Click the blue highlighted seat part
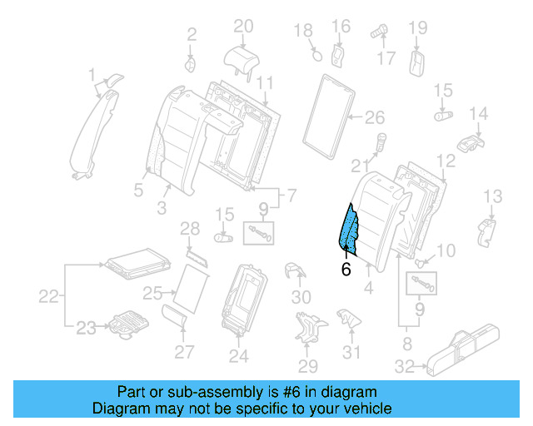pyautogui.click(x=350, y=229)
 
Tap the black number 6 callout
pyautogui.click(x=346, y=270)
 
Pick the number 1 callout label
pyautogui.click(x=92, y=77)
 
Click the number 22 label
pyautogui.click(x=50, y=296)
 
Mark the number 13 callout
pyautogui.click(x=493, y=196)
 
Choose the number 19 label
pyautogui.click(x=416, y=27)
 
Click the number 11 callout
pyautogui.click(x=264, y=82)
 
